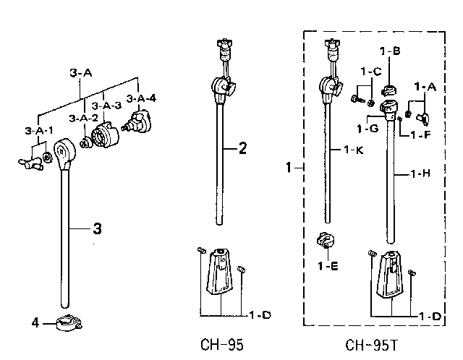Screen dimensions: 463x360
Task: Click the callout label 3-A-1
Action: (38, 130)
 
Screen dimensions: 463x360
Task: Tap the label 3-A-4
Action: (141, 98)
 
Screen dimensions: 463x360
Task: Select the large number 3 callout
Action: (97, 228)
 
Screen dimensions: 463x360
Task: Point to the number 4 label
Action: (35, 323)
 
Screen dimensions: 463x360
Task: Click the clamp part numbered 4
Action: (69, 323)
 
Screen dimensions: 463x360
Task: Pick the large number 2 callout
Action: (242, 148)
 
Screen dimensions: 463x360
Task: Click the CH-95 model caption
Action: (222, 345)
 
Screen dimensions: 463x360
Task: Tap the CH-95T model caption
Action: (371, 345)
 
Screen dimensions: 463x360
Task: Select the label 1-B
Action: (390, 51)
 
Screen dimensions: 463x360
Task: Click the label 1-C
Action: (371, 72)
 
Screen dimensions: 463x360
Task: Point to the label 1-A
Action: (425, 87)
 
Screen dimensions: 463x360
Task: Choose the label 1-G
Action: (368, 129)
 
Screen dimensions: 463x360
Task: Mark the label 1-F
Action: (421, 135)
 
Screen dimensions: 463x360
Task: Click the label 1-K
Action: (354, 150)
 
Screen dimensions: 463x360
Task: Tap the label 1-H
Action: (420, 173)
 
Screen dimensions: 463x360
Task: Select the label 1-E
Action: (328, 266)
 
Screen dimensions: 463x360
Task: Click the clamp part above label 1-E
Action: (325, 240)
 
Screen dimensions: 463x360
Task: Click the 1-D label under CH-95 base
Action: (260, 315)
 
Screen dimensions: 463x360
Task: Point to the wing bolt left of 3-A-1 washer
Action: (30, 163)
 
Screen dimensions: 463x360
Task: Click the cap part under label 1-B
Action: (389, 90)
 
